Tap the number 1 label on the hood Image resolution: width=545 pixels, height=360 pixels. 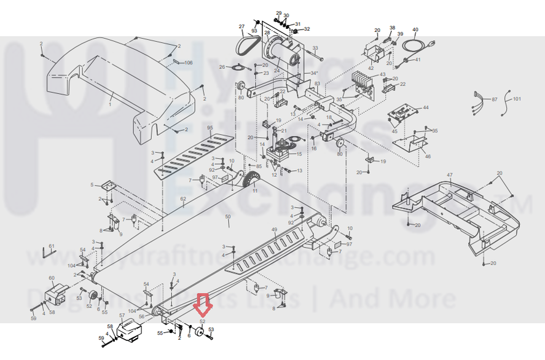[x=110, y=105]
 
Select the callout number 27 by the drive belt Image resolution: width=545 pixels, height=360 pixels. [x=241, y=26]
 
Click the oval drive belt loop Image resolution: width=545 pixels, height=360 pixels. [x=248, y=44]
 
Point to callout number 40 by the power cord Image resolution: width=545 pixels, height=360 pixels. [x=415, y=29]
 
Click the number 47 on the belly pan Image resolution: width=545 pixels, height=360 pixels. [x=450, y=176]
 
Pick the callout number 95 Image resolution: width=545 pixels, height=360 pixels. [x=210, y=128]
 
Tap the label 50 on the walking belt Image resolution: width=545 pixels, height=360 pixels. [x=227, y=217]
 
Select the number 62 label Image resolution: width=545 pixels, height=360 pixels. [x=182, y=199]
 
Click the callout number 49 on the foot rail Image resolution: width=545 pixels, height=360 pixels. [x=274, y=229]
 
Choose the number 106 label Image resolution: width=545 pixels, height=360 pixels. [x=189, y=63]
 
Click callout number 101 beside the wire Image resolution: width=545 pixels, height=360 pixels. [x=517, y=98]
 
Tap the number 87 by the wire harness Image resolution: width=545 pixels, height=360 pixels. [x=494, y=98]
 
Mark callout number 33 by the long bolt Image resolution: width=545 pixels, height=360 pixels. [x=315, y=48]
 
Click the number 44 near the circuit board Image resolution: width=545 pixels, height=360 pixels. [x=426, y=108]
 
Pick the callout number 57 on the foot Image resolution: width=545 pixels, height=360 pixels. [x=122, y=316]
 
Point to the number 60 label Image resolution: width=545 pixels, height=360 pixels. [x=52, y=278]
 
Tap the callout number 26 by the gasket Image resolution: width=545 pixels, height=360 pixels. [x=222, y=66]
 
